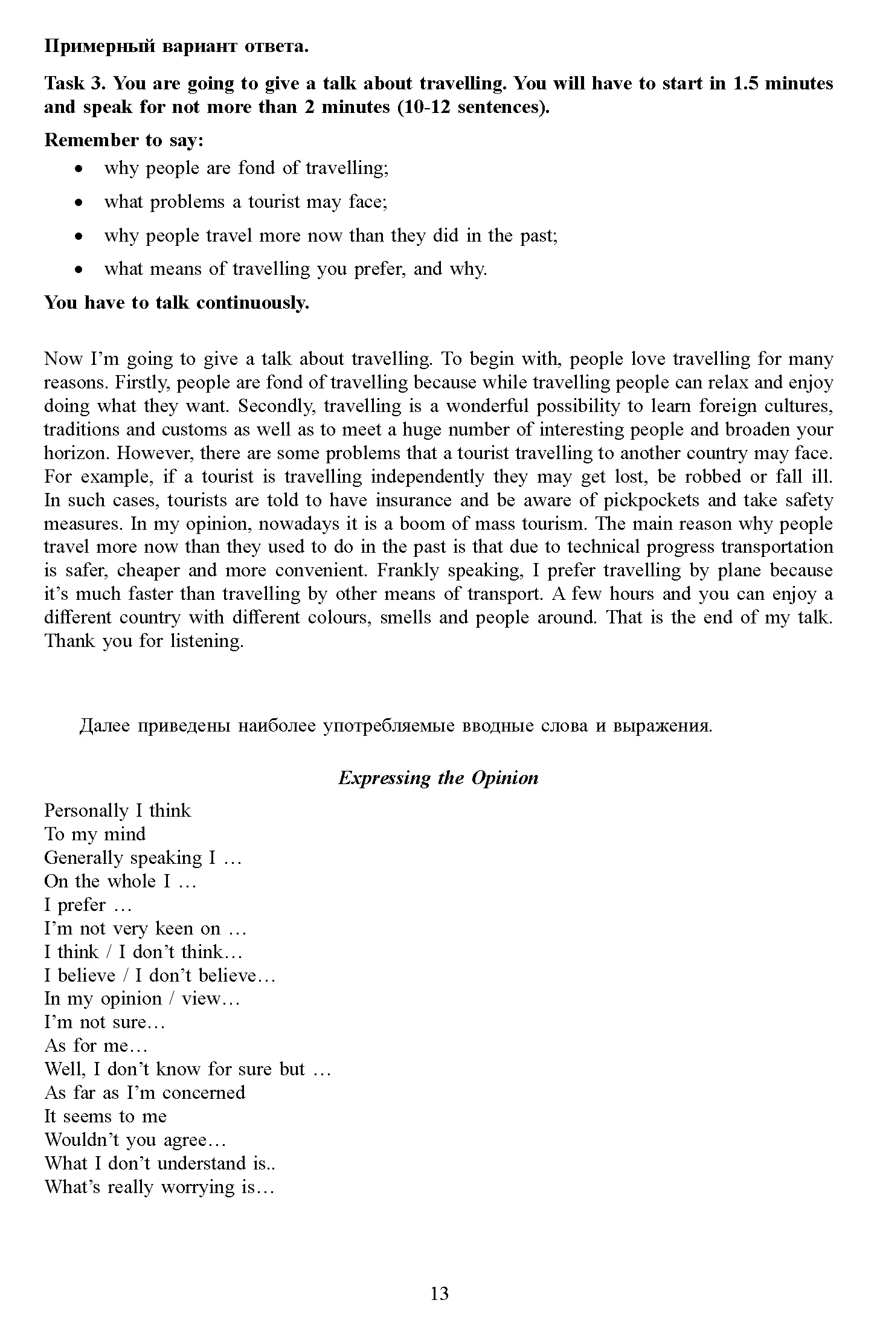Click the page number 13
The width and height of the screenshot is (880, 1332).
[440, 1293]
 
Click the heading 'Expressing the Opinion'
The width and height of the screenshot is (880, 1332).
[438, 777]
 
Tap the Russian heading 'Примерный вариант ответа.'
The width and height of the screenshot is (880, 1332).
[176, 47]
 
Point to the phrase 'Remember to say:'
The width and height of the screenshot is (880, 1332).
[124, 140]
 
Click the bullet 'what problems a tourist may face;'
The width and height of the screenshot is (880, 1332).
[246, 201]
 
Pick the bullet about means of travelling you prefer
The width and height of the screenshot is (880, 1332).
[295, 269]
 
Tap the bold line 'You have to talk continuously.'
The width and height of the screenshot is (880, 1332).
[176, 303]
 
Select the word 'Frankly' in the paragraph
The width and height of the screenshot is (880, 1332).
[408, 571]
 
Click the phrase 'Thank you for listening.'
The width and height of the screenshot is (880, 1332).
[144, 642]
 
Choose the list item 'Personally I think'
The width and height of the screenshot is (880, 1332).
[117, 811]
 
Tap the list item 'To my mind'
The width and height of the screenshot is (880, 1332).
[95, 834]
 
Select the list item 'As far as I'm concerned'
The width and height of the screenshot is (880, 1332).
[145, 1093]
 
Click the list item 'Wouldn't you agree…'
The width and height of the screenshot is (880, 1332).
[135, 1140]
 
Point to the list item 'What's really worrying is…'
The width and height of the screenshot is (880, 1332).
[159, 1187]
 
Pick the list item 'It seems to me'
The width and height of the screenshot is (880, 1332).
[105, 1116]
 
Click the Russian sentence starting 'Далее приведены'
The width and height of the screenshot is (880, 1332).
[396, 726]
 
